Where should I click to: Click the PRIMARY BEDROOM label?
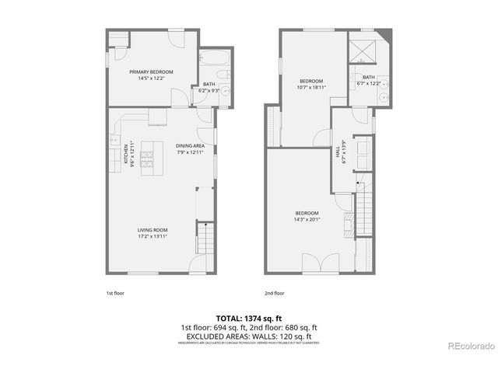coord(151,71)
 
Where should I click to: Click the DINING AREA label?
coord(189,145)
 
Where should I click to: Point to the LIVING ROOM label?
coord(153,230)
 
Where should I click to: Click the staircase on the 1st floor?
coord(205,236)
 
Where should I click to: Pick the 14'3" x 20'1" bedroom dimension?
coord(307,219)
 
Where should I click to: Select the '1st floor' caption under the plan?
coord(115,293)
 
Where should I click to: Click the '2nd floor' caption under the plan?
coord(274,293)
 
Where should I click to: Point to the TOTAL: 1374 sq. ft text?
coord(248,319)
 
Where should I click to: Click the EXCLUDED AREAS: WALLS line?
coord(248,336)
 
